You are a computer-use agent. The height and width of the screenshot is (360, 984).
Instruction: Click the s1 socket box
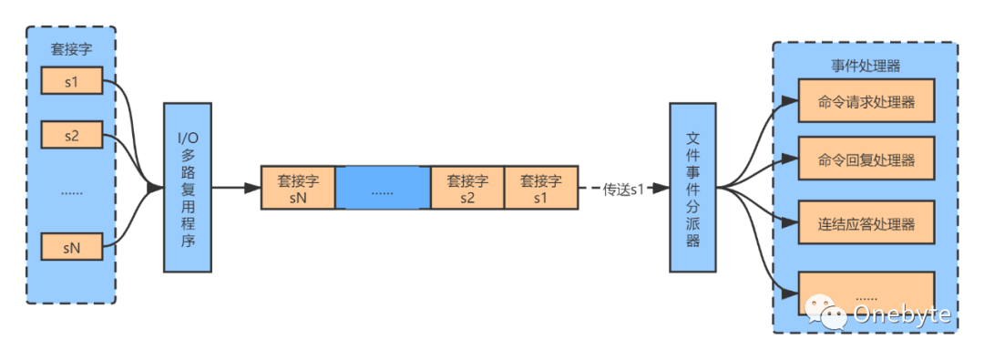click(x=71, y=82)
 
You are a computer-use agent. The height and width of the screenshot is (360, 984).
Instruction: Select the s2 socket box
click(x=71, y=137)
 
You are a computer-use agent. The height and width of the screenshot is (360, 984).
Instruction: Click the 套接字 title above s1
click(x=71, y=52)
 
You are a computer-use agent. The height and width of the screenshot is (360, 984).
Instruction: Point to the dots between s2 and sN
click(x=71, y=192)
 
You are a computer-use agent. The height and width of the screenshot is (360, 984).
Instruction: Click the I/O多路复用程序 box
click(x=187, y=187)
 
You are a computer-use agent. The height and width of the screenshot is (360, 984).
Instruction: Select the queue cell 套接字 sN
click(x=298, y=189)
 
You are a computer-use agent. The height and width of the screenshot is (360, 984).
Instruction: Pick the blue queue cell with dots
click(x=383, y=189)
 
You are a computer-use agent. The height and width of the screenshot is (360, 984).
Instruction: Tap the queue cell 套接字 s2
click(x=466, y=189)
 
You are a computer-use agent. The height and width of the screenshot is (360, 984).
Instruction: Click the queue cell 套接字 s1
click(x=540, y=189)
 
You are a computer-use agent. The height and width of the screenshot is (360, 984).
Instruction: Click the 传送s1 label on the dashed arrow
click(x=623, y=190)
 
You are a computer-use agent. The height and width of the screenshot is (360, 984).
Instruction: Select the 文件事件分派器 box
click(x=693, y=187)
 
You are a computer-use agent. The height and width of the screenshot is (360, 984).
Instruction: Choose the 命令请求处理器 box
click(x=866, y=102)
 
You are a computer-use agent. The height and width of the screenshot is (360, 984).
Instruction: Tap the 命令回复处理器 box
click(x=866, y=160)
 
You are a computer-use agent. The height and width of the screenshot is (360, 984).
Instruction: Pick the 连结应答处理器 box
click(x=866, y=223)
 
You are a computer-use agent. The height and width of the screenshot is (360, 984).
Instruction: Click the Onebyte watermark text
click(x=901, y=314)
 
